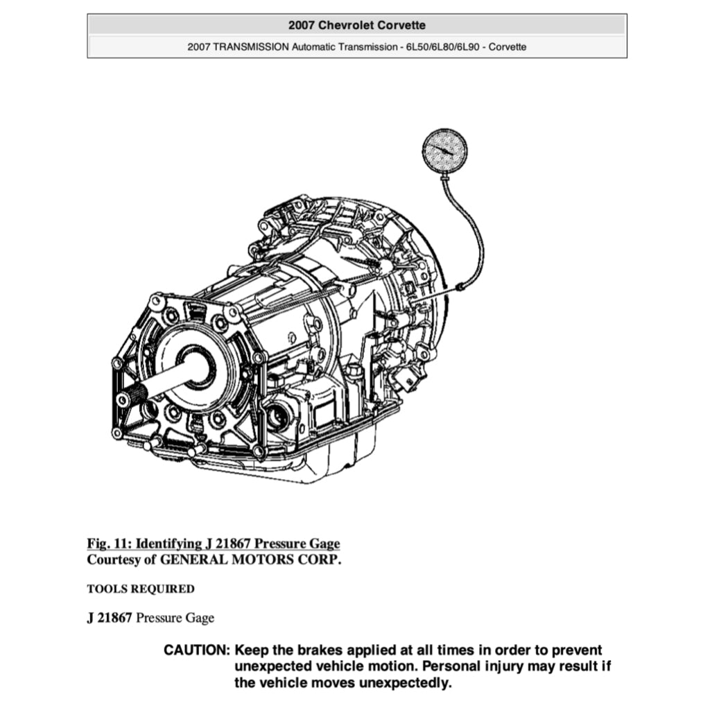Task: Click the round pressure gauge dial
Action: (444, 151)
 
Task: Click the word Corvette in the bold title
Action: (401, 26)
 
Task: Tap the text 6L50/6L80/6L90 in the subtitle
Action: (442, 47)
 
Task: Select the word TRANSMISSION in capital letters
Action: (251, 47)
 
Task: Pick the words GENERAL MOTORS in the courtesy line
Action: (227, 560)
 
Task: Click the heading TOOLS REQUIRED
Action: (141, 589)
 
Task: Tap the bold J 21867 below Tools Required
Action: (109, 618)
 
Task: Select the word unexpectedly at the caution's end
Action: (405, 683)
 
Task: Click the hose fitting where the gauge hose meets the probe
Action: (458, 286)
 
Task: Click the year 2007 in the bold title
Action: (301, 26)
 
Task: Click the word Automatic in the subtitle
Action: (313, 47)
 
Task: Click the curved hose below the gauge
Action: (471, 232)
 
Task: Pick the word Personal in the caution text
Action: (451, 666)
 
